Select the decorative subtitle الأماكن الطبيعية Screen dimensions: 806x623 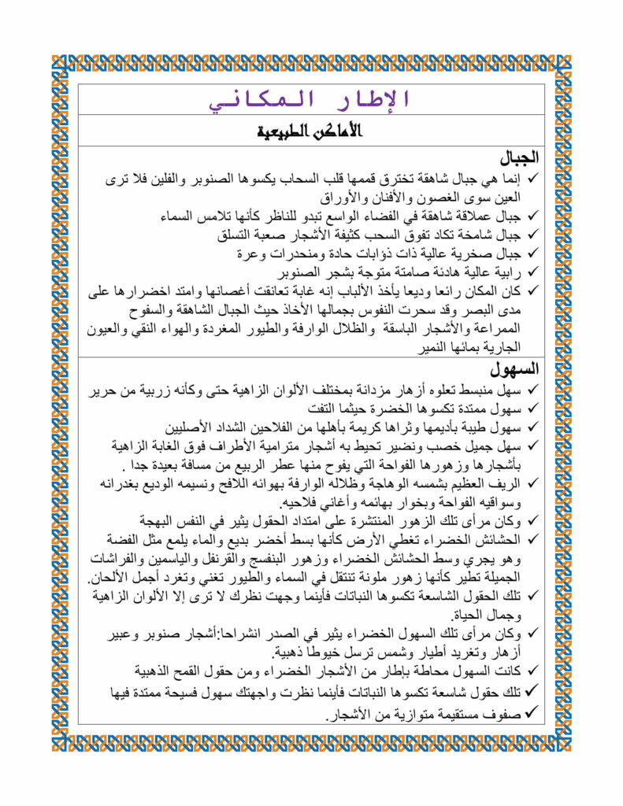[x=311, y=131]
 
